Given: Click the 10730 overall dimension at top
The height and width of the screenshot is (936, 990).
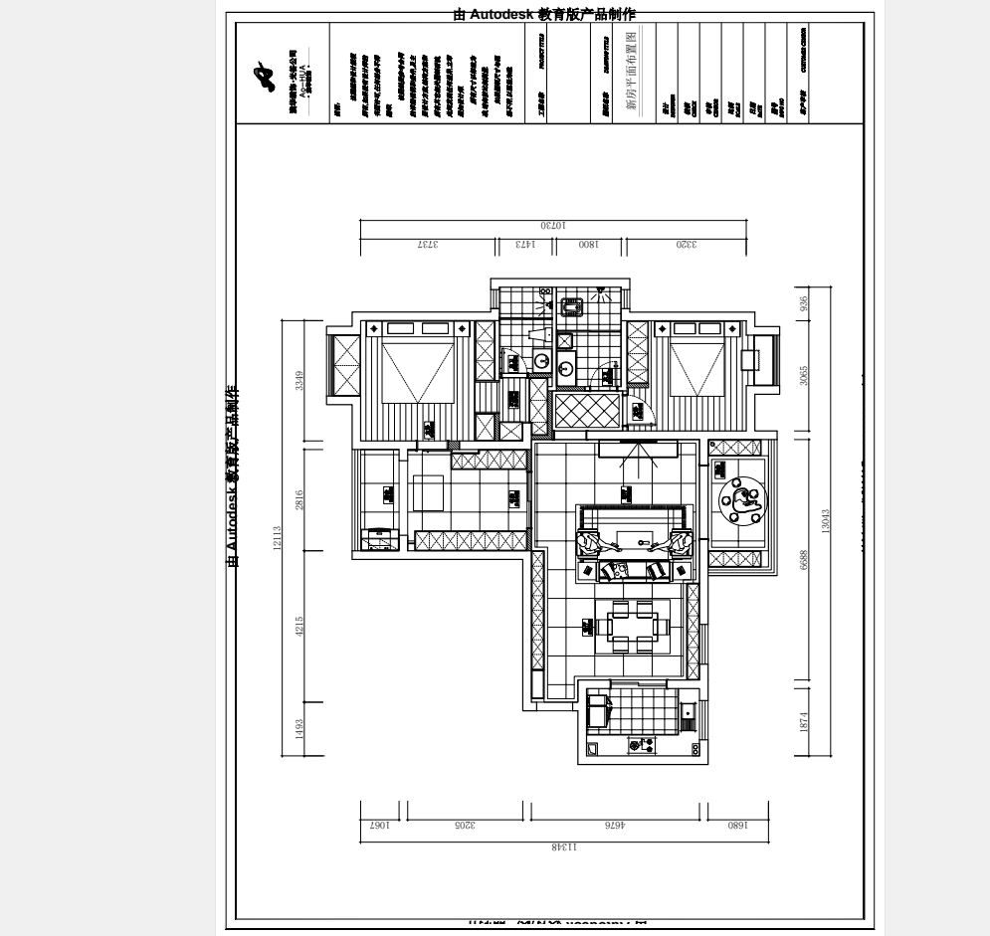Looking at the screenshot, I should coord(554,226).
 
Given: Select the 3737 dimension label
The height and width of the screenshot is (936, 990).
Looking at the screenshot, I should coord(428,244).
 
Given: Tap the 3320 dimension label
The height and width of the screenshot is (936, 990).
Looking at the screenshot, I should coord(687,244).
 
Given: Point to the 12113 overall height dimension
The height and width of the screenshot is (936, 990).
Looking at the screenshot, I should coord(278,538).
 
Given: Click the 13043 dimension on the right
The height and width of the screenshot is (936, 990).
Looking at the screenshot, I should coord(825,521).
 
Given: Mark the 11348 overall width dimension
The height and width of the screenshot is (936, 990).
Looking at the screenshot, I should coord(563,847).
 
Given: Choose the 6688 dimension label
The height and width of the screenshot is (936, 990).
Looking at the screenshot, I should coord(804,561).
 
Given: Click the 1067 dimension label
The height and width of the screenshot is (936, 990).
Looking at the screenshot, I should coord(379,825).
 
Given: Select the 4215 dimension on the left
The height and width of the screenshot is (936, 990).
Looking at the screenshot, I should coord(299,626).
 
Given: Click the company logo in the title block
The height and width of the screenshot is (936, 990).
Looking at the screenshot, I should coord(263,76).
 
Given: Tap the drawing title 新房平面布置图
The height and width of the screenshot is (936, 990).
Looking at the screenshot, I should coord(633,74).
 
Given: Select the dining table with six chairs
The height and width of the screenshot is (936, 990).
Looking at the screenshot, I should coord(632,625).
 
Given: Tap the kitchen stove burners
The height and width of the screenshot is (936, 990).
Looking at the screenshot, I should coord(642,744).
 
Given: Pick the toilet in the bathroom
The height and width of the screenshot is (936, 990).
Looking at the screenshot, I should coord(573,306).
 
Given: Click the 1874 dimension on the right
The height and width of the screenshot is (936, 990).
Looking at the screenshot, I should coord(804,721).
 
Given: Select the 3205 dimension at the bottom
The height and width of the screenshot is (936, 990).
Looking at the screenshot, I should coord(465,825).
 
